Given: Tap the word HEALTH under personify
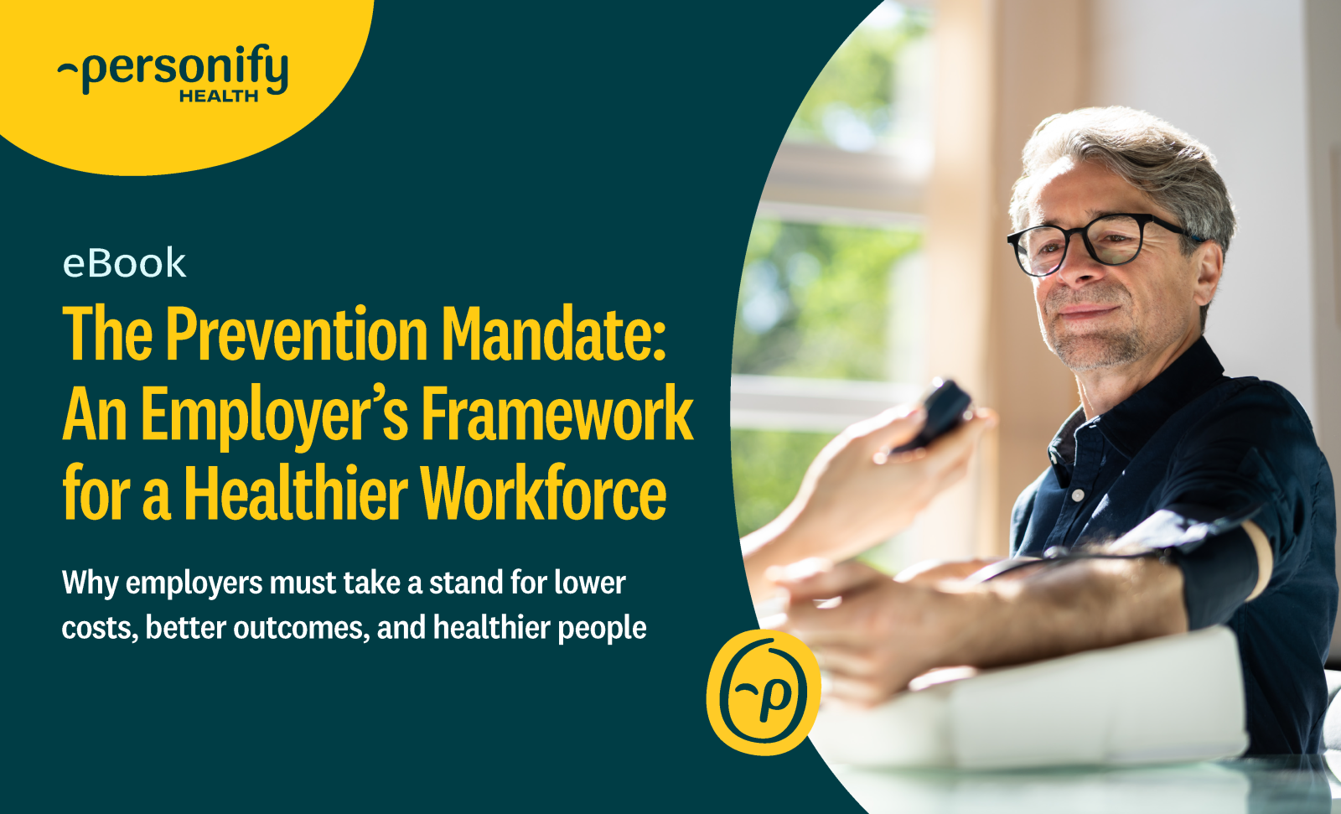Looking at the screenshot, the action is (x=219, y=96).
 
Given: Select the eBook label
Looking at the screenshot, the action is (x=125, y=263).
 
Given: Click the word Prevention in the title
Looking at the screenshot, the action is (x=297, y=333).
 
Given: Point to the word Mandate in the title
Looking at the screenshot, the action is (x=554, y=333).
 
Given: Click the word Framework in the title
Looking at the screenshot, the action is (x=557, y=413).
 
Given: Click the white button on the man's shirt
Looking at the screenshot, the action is (x=1078, y=495).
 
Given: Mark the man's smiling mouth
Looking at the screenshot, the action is (x=1085, y=312).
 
